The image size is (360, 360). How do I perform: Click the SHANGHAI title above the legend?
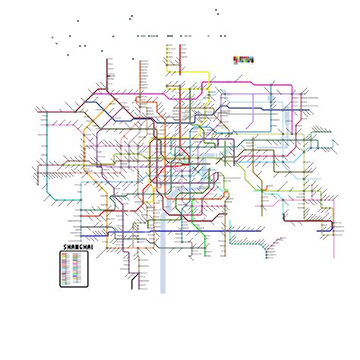tap(75, 247)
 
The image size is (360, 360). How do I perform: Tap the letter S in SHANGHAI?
tap(64, 247)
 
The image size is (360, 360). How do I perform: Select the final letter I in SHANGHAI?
tap(87, 247)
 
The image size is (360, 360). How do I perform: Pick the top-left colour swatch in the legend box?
tap(66, 254)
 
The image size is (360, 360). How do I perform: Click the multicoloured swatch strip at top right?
tap(243, 59)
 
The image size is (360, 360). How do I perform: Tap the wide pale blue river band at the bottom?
tap(163, 266)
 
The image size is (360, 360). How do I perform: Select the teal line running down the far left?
tap(48, 152)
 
